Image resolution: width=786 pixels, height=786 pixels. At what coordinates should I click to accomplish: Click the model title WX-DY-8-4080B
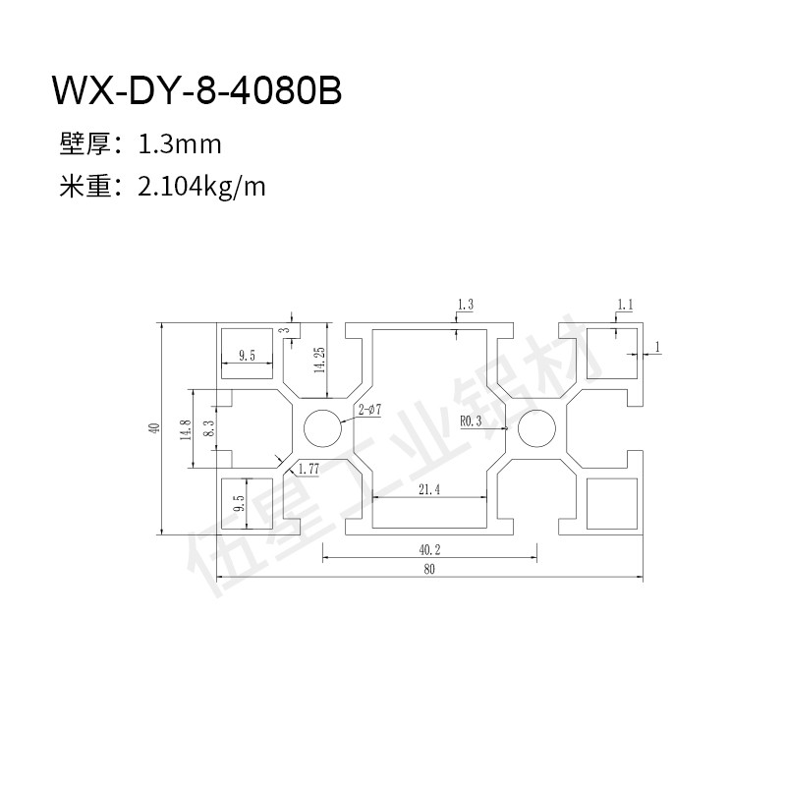197,90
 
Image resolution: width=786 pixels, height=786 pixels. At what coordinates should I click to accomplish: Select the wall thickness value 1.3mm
180,144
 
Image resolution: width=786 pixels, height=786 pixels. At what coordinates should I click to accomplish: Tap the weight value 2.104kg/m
201,188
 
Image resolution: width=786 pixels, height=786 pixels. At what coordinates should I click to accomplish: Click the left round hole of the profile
323,428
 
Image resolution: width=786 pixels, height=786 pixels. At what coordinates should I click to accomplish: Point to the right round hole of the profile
536,428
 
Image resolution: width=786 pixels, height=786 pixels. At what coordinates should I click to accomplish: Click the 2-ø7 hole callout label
370,410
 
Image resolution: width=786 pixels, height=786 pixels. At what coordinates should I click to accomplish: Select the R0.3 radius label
471,421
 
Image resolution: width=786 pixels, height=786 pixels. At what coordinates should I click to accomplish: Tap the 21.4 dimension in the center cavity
429,488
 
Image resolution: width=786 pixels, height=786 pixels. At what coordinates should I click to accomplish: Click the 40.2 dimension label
429,550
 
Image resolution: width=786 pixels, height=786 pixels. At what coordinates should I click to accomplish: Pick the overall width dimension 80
429,569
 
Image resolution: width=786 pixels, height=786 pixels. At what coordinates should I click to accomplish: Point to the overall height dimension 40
154,428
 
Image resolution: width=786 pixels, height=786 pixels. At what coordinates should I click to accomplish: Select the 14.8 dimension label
186,429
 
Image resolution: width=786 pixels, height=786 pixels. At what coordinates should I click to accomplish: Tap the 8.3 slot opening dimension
209,428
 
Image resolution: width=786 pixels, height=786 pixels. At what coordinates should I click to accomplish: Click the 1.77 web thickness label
309,470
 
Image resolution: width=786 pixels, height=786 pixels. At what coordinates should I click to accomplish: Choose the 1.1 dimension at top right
625,305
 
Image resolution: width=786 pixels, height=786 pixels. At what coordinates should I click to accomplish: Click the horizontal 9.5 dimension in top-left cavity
247,356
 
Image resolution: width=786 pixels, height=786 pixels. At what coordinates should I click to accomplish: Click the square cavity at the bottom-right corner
611,503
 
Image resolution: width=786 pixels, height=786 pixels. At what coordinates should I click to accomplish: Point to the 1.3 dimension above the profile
465,305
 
